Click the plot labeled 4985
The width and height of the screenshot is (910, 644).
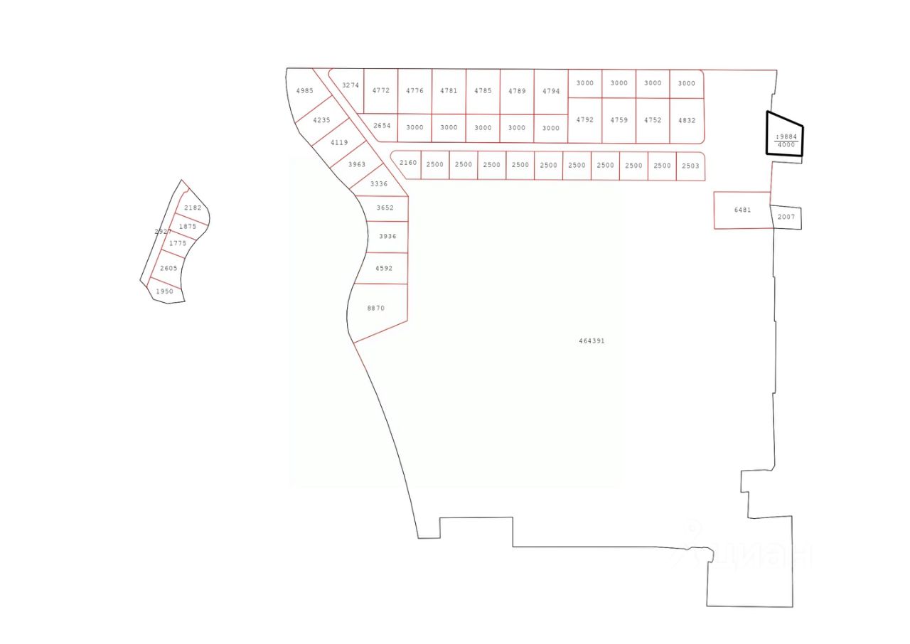(304, 91)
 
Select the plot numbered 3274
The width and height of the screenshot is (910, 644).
(350, 86)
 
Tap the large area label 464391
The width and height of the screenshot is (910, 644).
(591, 341)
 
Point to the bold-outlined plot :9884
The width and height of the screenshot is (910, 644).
(785, 136)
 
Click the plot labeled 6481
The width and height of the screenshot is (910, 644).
(742, 210)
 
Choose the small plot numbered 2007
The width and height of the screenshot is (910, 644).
(786, 217)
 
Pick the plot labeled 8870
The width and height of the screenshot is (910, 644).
(376, 308)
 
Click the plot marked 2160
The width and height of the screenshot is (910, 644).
(408, 163)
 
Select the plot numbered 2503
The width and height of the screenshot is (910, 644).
(690, 166)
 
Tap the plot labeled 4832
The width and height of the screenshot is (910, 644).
(687, 121)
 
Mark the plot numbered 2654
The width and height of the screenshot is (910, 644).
(382, 126)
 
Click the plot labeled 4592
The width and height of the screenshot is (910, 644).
(384, 269)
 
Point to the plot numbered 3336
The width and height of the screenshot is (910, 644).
(379, 185)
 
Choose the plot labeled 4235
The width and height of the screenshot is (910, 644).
(321, 121)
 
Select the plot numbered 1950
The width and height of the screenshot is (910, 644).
(165, 291)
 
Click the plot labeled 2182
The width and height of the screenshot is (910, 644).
(193, 208)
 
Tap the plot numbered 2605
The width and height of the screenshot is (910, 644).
(168, 269)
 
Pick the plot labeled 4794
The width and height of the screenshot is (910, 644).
(551, 92)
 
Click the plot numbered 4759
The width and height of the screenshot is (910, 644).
(619, 121)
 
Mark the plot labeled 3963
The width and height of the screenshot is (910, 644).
(357, 165)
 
